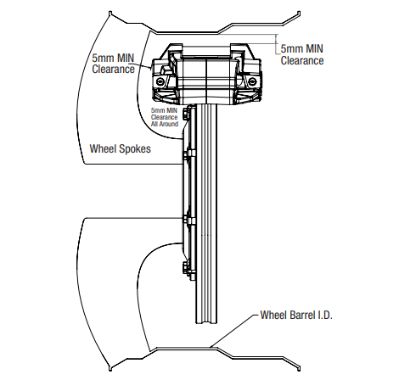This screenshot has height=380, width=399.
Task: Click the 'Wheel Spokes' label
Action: point(120,149)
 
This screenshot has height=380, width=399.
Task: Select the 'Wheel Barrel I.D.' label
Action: point(296,315)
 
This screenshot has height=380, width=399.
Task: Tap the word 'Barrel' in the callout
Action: point(303,315)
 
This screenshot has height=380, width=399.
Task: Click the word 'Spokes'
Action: point(135,149)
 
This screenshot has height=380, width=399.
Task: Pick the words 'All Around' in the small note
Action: point(165,124)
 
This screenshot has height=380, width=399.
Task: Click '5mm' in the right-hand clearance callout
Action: point(291,48)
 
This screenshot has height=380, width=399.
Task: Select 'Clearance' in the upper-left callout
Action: point(113,70)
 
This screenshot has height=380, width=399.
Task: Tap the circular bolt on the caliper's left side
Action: point(160,81)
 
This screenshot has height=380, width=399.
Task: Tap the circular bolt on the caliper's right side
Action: point(251,81)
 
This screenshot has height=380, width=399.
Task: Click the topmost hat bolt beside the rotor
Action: point(186,114)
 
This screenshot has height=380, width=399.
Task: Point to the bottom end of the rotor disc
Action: point(207,322)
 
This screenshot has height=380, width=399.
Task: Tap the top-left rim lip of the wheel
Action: point(110,14)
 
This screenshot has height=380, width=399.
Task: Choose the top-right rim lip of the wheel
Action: point(298,14)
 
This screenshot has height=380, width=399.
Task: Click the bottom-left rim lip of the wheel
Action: point(110,367)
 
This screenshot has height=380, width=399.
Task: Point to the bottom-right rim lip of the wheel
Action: point(298,367)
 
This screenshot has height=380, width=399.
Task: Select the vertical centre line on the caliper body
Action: point(207,81)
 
